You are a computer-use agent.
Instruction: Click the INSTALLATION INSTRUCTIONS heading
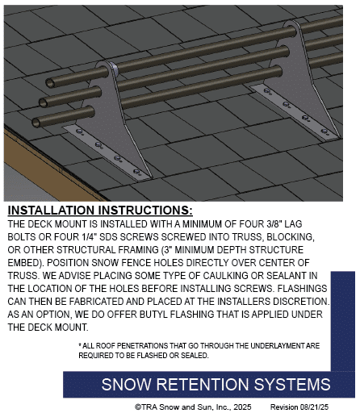(x=100, y=211)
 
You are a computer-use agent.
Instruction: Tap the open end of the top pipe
(x=50, y=83)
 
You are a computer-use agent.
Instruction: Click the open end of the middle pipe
(x=44, y=102)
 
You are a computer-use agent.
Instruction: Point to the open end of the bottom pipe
(x=36, y=123)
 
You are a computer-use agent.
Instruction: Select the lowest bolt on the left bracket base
(x=137, y=172)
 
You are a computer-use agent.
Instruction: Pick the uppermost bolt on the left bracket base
(x=79, y=131)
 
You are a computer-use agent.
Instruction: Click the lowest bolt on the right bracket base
(x=324, y=131)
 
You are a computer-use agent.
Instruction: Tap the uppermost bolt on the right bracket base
(x=267, y=91)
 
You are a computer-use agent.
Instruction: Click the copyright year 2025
(x=242, y=407)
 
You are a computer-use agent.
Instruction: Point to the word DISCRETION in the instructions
(x=301, y=302)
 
